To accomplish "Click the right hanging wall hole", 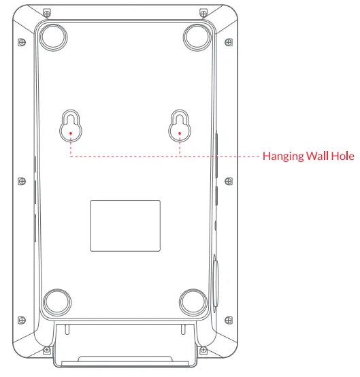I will [179, 125].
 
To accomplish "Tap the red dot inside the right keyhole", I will [179, 133].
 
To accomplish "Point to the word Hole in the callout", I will [343, 157].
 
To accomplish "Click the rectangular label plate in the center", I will [125, 225].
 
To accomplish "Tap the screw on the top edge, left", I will [46, 13].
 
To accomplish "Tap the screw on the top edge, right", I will [203, 13].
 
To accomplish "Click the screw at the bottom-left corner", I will [46, 350].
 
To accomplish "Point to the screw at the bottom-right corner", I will [203, 350].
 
